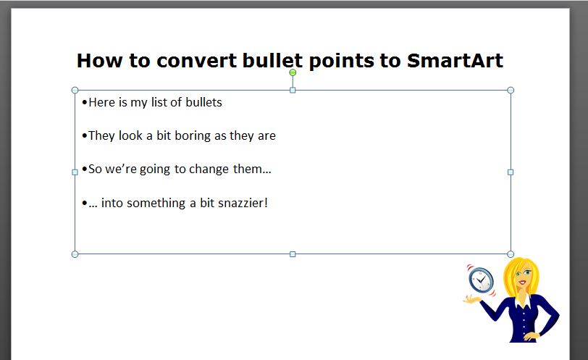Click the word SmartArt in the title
tap(455, 60)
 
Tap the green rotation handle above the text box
tap(293, 72)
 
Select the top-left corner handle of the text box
tap(75, 90)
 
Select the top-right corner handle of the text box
tap(511, 90)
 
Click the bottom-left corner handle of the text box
tap(75, 254)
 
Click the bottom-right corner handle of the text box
tap(511, 254)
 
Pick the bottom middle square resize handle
tap(293, 254)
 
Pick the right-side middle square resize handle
tap(511, 172)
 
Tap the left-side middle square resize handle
tap(75, 172)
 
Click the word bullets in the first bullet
tap(204, 102)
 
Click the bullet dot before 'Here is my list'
tap(85, 102)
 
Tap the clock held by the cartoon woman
tap(481, 280)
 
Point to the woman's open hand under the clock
tap(471, 299)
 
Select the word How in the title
tap(99, 60)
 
